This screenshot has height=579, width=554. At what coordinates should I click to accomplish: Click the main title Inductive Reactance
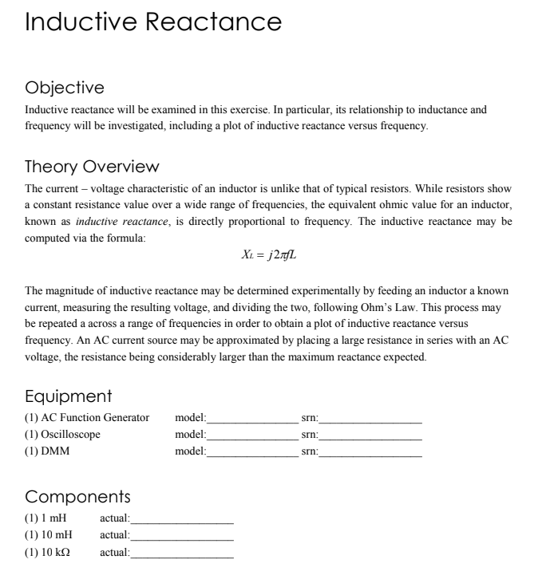point(153,22)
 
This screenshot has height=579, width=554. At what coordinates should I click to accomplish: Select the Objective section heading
point(65,87)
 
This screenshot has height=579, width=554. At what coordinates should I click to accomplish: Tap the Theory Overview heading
point(93,167)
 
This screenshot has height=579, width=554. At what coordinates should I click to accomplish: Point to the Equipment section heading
point(69,396)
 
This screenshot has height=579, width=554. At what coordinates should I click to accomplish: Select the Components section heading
point(78,497)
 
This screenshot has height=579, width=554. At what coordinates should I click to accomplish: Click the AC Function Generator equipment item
point(87,418)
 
